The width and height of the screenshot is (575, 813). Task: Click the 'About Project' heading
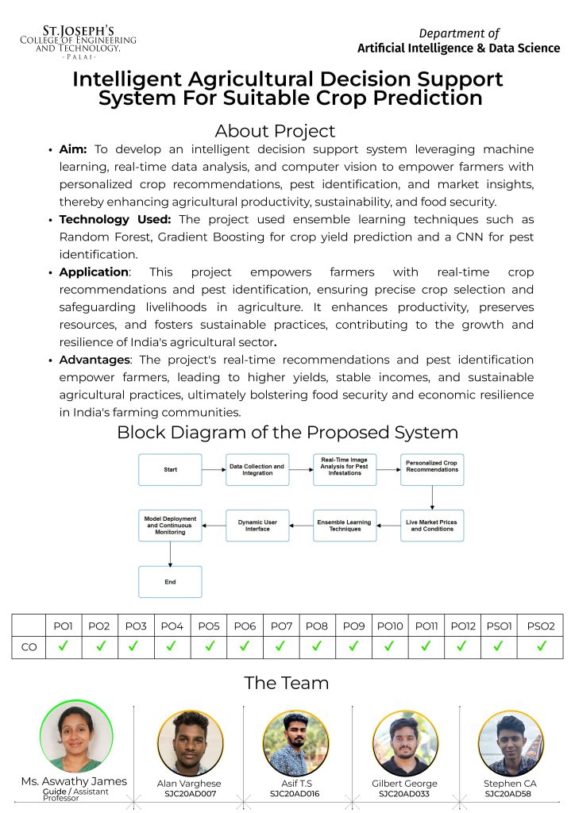[275, 131]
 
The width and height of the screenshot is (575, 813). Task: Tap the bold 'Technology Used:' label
[116, 219]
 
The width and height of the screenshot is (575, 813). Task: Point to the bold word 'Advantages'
[94, 360]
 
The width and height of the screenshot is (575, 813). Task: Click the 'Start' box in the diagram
[170, 470]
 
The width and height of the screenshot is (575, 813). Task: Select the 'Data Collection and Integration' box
[257, 470]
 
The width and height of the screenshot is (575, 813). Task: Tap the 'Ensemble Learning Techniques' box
[344, 526]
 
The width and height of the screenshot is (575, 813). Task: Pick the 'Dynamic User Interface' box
[257, 526]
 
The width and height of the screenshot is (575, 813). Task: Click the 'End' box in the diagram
[170, 582]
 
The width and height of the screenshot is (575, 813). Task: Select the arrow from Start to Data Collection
[214, 470]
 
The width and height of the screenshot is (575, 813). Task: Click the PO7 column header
[281, 626]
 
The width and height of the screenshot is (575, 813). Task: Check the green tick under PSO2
[542, 646]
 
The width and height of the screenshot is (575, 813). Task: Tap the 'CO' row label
[29, 647]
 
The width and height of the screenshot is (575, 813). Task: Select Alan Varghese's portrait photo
[190, 742]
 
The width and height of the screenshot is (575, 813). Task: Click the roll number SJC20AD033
[404, 793]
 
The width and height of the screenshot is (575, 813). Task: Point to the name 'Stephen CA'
[510, 784]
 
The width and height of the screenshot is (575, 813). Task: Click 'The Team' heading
[286, 683]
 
